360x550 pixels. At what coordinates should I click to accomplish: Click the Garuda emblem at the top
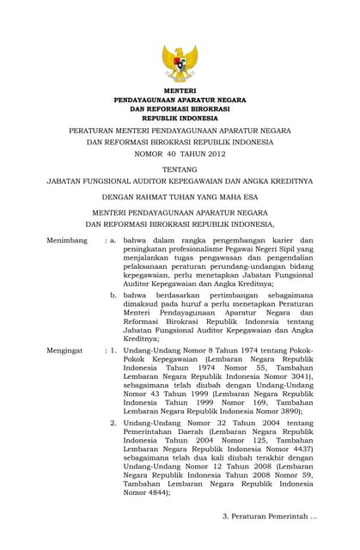pyautogui.click(x=180, y=63)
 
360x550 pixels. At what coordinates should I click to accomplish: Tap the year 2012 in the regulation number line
pyautogui.click(x=213, y=154)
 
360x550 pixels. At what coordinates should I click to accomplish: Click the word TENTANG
pyautogui.click(x=180, y=169)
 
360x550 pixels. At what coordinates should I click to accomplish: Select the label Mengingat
pyautogui.click(x=66, y=351)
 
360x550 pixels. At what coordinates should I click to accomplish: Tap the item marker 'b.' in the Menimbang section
pyautogui.click(x=113, y=294)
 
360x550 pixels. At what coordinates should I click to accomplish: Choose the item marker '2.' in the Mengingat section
pyautogui.click(x=113, y=423)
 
